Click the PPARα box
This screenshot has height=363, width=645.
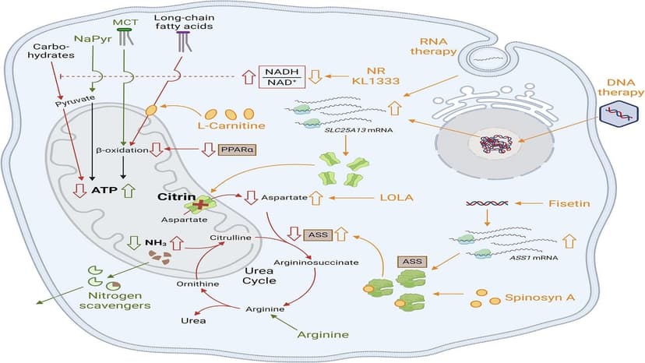coord(226,148)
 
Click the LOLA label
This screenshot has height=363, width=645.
coord(374,198)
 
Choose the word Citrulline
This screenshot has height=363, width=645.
coord(231,237)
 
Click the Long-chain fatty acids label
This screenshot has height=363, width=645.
coord(184,23)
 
